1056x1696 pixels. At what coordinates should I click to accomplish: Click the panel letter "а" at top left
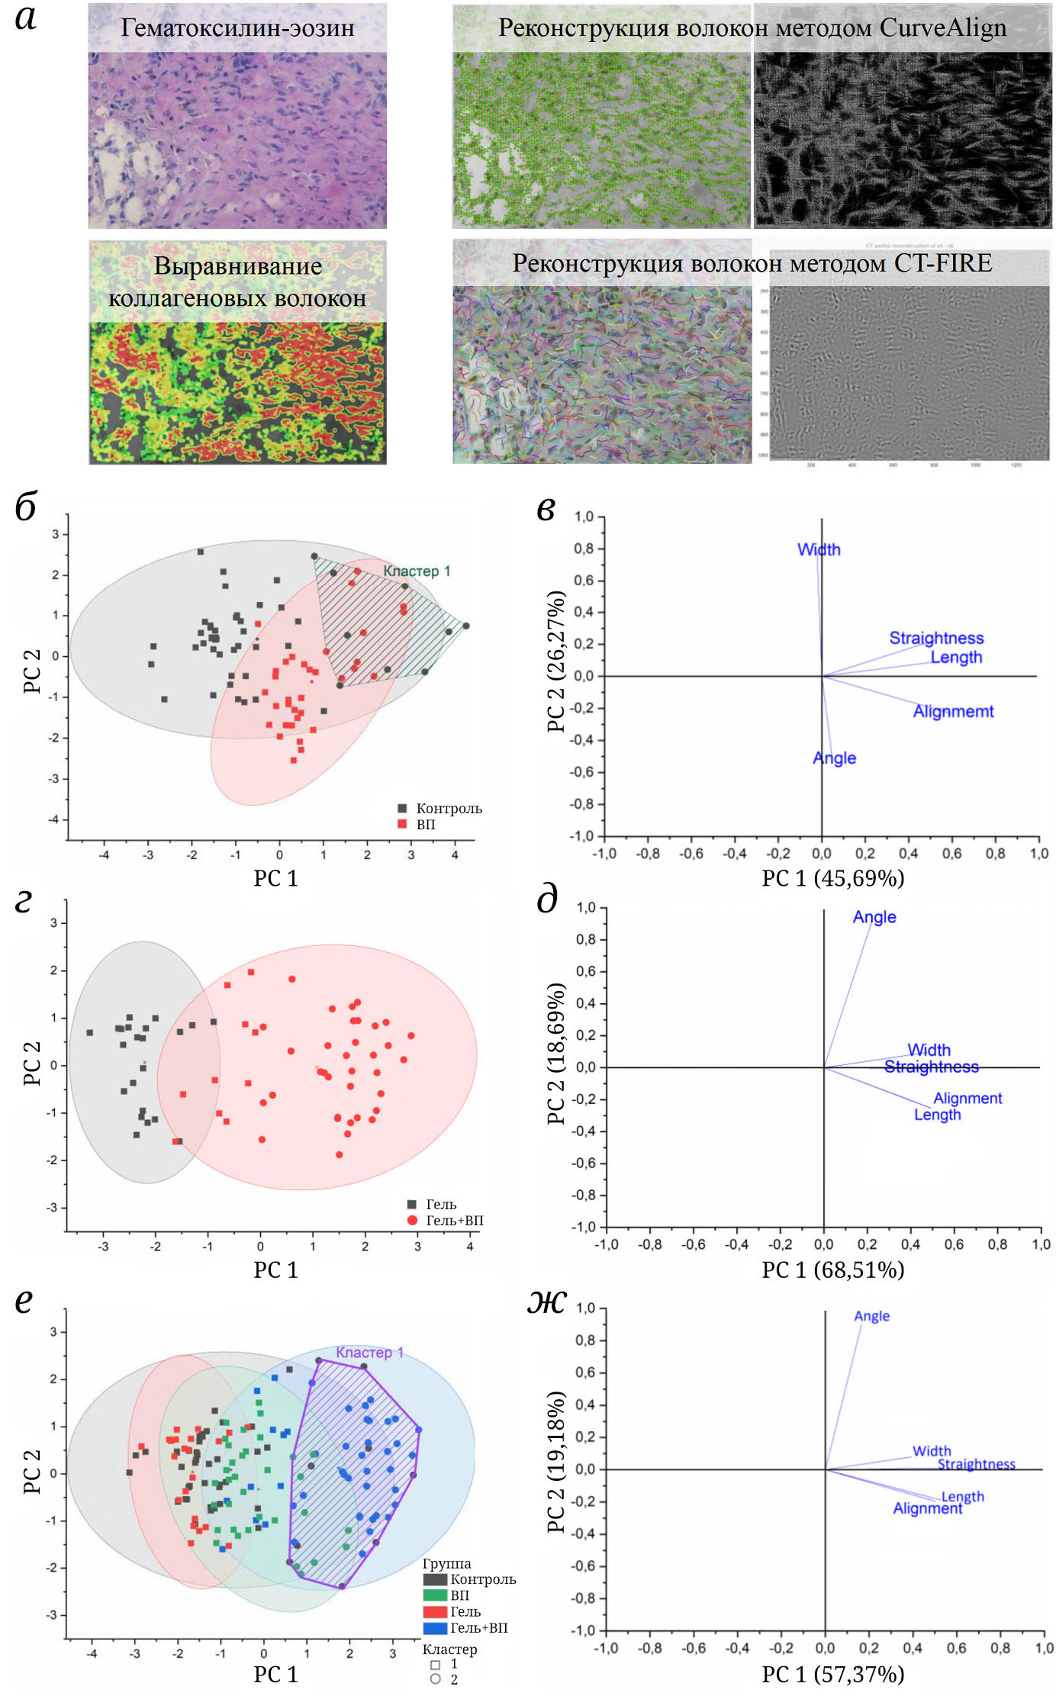(26, 18)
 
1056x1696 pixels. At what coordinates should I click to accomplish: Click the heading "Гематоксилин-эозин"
(237, 28)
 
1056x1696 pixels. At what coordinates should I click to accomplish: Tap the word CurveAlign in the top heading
(942, 27)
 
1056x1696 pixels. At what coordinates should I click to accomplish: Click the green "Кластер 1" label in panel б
(417, 571)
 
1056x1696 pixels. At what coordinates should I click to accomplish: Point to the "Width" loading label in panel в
(819, 549)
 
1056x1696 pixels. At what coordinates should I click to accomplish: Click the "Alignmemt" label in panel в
(953, 711)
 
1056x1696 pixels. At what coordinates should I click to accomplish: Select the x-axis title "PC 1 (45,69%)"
(832, 878)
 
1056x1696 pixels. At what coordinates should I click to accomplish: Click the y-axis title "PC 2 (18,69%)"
(556, 1054)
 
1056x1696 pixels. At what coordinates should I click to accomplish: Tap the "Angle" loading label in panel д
(874, 917)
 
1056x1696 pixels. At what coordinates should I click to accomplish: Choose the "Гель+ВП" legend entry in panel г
(454, 1221)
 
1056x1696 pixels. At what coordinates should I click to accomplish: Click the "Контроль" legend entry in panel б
(449, 808)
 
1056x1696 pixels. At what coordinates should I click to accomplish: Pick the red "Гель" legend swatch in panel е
(435, 1611)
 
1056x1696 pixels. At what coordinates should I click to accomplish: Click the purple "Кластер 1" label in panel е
(370, 1353)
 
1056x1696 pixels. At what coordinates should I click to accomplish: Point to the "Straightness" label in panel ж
(976, 1464)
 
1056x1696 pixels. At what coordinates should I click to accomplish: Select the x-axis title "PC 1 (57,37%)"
(832, 1674)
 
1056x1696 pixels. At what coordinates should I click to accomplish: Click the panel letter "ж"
(546, 1301)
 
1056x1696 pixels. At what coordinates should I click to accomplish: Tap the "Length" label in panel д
(937, 1115)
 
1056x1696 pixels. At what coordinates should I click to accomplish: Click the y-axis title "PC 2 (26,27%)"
(556, 661)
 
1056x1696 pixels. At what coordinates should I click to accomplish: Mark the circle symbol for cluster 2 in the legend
(435, 1679)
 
